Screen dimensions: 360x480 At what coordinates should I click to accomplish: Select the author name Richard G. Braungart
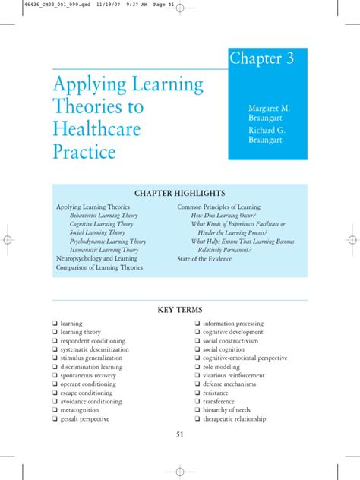pos(270,134)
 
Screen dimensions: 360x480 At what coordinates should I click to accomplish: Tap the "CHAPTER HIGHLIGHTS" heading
pos(179,194)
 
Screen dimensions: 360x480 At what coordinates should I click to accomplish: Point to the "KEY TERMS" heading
pos(179,310)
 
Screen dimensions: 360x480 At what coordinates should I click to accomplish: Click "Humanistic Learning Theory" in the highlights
pos(104,249)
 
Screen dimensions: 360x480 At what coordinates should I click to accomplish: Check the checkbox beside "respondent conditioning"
pos(55,340)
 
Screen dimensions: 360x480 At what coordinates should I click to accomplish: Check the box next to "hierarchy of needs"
pos(197,410)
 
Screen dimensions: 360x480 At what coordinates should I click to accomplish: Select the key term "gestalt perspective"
pos(85,418)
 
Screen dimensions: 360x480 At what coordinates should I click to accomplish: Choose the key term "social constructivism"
pos(232,340)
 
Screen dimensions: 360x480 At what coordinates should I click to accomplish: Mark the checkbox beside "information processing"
pos(197,323)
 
